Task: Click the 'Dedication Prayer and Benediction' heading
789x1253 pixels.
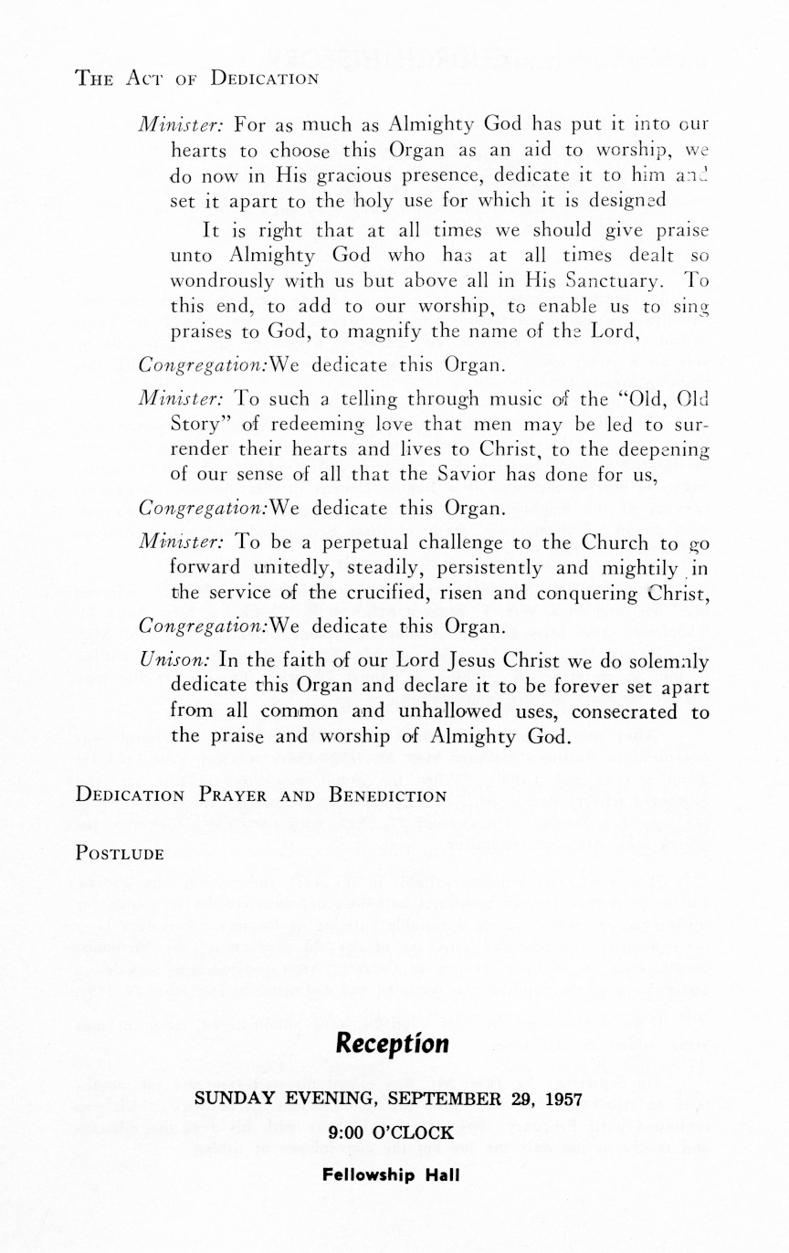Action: click(x=261, y=795)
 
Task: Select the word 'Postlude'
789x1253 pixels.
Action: click(x=120, y=854)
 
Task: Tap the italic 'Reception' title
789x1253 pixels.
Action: click(x=393, y=1043)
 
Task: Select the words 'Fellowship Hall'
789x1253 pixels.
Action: click(x=392, y=1174)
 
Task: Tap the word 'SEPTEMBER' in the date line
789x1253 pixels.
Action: click(x=446, y=1099)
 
